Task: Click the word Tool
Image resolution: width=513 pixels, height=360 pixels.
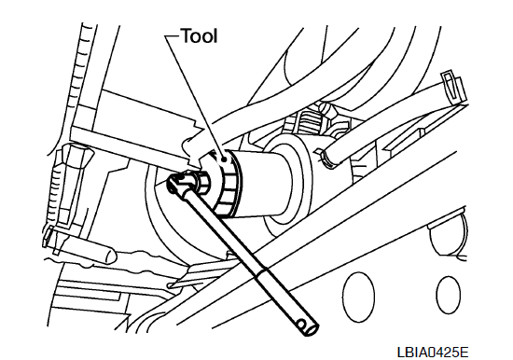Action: [x=200, y=36]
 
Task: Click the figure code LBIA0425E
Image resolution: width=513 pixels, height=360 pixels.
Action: [x=433, y=352]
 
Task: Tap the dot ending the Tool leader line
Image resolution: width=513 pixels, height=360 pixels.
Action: [x=224, y=159]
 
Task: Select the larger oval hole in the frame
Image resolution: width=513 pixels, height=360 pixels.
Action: [x=358, y=297]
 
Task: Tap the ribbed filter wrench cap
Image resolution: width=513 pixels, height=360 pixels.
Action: [x=226, y=184]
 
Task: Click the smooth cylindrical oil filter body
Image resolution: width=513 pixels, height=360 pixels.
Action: [x=262, y=184]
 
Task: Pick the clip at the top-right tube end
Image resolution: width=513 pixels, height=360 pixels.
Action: [x=452, y=86]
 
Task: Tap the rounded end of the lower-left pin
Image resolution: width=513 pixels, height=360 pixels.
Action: [x=110, y=255]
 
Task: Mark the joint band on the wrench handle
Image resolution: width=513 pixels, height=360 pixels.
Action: [x=261, y=271]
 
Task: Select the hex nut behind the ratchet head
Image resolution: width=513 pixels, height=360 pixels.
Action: [x=202, y=184]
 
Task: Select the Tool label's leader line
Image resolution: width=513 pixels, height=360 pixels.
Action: [x=195, y=98]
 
